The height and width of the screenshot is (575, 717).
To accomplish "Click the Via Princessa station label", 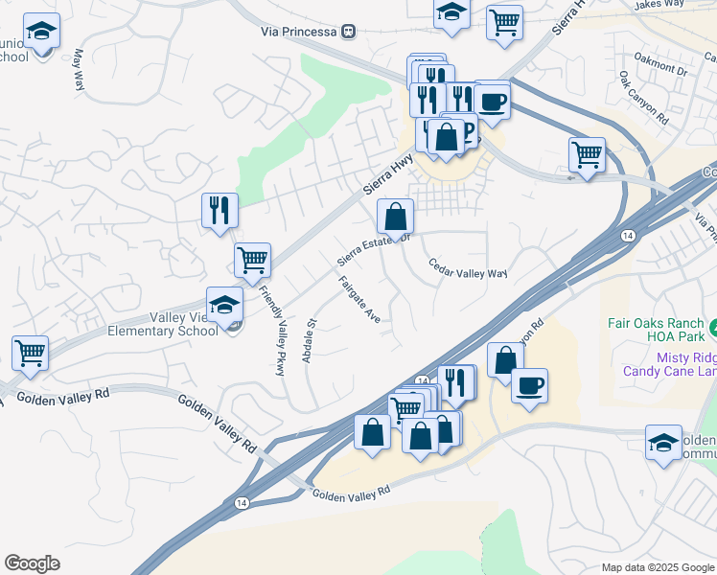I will tap(298, 32).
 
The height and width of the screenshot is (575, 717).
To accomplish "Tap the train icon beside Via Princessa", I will tap(348, 32).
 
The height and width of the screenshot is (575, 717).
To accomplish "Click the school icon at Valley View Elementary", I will tap(224, 305).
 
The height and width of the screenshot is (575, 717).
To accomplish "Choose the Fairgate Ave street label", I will tap(359, 300).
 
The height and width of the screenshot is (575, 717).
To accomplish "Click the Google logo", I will tap(32, 563).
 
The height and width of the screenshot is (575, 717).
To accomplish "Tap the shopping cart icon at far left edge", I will tap(30, 352).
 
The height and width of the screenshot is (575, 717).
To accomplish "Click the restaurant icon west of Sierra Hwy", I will tap(220, 209).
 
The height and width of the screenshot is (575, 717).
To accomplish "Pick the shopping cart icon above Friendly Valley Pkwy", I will tap(252, 258).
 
